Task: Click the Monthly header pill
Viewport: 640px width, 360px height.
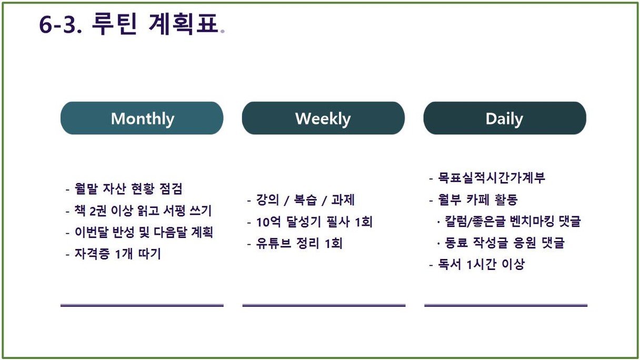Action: pyautogui.click(x=142, y=118)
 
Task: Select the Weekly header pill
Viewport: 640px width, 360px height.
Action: pyautogui.click(x=323, y=118)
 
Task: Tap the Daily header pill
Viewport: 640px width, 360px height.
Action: pyautogui.click(x=505, y=118)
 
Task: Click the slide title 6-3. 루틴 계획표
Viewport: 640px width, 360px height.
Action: pyautogui.click(x=132, y=24)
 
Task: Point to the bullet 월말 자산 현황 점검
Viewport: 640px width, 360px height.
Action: pyautogui.click(x=124, y=188)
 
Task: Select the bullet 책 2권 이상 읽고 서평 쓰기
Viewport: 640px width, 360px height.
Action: pyautogui.click(x=139, y=211)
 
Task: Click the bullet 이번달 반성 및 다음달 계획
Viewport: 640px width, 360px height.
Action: pyautogui.click(x=139, y=232)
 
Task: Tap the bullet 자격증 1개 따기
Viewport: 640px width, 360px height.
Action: pyautogui.click(x=114, y=254)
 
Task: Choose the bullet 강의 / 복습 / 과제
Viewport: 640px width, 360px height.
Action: pyautogui.click(x=301, y=199)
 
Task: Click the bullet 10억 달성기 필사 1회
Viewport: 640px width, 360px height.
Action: pyautogui.click(x=310, y=222)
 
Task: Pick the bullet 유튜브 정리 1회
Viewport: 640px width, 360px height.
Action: pyautogui.click(x=295, y=244)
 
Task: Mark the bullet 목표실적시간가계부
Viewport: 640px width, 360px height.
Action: pyautogui.click(x=487, y=178)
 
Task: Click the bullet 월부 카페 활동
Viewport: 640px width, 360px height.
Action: pyautogui.click(x=474, y=199)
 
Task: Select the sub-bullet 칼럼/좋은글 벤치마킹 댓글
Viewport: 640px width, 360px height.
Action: pyautogui.click(x=509, y=221)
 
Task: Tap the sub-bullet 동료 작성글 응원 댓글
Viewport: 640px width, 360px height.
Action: pyautogui.click(x=501, y=243)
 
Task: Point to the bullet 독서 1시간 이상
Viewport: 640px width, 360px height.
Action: pyautogui.click(x=477, y=264)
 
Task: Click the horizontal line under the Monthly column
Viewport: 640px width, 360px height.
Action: pyautogui.click(x=142, y=305)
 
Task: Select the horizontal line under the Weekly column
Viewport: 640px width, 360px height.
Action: pyautogui.click(x=324, y=305)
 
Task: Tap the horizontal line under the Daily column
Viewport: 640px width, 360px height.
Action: pyautogui.click(x=506, y=305)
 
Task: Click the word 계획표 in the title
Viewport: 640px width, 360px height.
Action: pyautogui.click(x=184, y=24)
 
